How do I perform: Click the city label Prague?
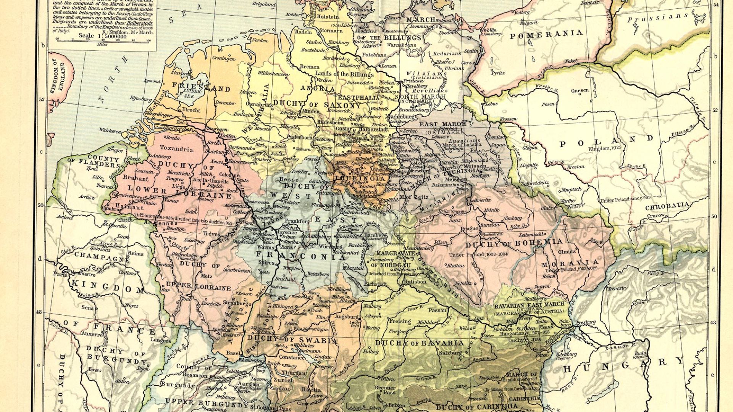point(469,229)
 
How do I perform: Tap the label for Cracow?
point(656,216)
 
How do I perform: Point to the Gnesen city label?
point(580,90)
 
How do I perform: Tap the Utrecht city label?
point(191,110)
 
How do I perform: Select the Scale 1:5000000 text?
point(102,36)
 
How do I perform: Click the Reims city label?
point(135,253)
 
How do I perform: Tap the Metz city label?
point(206,276)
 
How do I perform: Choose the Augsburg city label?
point(346,317)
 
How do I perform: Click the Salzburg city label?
point(451,353)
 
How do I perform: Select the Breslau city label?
point(576,167)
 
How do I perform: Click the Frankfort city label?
point(297,221)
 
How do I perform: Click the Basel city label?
point(233,353)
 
